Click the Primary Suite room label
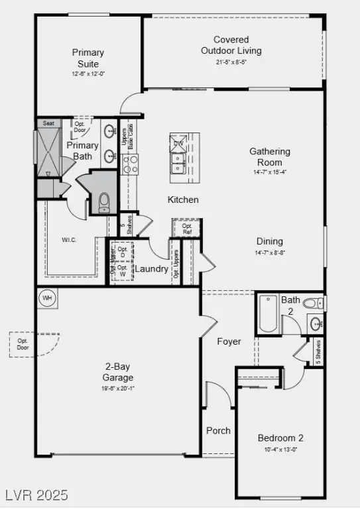(86, 58)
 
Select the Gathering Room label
(270, 157)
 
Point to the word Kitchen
(183, 199)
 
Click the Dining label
(270, 242)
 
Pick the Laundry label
(152, 269)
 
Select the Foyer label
(229, 342)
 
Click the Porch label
(218, 431)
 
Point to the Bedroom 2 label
(280, 438)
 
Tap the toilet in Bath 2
(312, 304)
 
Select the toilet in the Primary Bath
(104, 202)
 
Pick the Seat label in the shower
(48, 123)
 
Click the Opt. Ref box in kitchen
(183, 229)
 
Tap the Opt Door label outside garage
(23, 345)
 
